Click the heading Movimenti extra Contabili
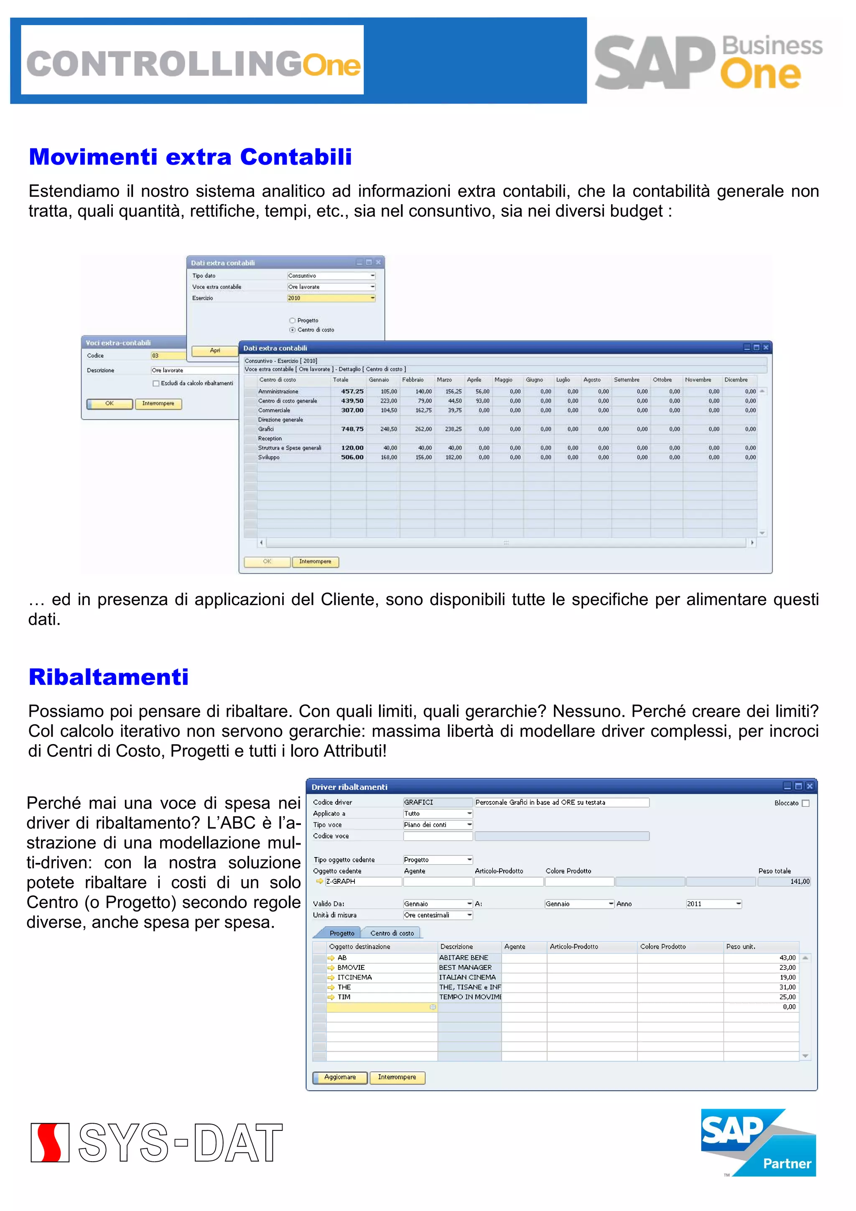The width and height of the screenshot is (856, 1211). [x=190, y=157]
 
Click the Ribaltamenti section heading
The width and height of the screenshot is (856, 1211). [x=108, y=677]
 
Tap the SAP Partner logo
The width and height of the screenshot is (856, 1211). [x=758, y=1142]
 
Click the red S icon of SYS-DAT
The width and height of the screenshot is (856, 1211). [x=50, y=1142]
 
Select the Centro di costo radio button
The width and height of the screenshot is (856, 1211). [x=292, y=330]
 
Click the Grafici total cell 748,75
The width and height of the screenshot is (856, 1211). [x=352, y=429]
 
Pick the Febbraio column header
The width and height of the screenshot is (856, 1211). [x=413, y=380]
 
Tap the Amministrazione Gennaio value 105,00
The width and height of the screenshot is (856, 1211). [x=389, y=392]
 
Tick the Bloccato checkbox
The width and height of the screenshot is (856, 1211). [x=805, y=803]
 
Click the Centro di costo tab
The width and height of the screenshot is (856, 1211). [x=392, y=933]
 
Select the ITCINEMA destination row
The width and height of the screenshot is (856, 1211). [x=354, y=977]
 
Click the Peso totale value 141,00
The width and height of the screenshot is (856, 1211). [x=800, y=881]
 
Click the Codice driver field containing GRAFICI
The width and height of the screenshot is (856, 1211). [x=437, y=802]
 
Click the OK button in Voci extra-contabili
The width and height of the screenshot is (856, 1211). [x=109, y=404]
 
